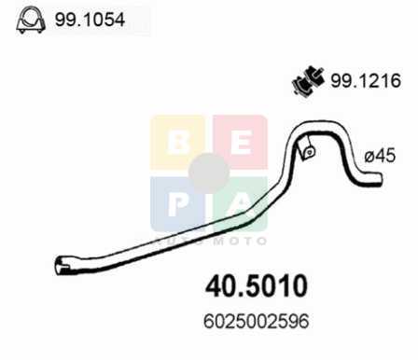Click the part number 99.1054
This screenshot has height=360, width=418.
click(x=90, y=20)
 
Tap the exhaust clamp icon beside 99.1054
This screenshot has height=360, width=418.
click(x=31, y=20)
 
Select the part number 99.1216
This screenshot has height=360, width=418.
click(x=366, y=81)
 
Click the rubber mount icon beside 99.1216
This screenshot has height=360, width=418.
click(x=308, y=80)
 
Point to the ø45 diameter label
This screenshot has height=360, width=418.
click(x=380, y=155)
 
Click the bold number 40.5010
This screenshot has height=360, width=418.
click(x=257, y=286)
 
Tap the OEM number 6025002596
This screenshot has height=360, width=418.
click(x=257, y=321)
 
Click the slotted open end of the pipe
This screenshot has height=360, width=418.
click(x=62, y=266)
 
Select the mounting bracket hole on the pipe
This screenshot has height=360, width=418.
click(x=310, y=152)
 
